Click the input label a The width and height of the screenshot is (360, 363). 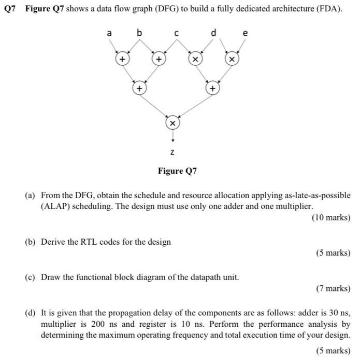point(109,33)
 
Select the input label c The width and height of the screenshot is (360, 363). point(177,33)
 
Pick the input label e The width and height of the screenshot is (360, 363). point(246,33)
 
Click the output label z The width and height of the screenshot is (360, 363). point(173,152)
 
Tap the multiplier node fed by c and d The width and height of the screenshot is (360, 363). point(195,60)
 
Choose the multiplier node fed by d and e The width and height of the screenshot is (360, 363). point(232,60)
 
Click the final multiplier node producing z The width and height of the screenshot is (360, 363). point(173,123)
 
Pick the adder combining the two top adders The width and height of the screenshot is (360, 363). point(139,89)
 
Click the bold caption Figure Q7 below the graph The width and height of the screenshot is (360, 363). point(178,171)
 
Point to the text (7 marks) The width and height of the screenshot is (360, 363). point(333,288)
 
